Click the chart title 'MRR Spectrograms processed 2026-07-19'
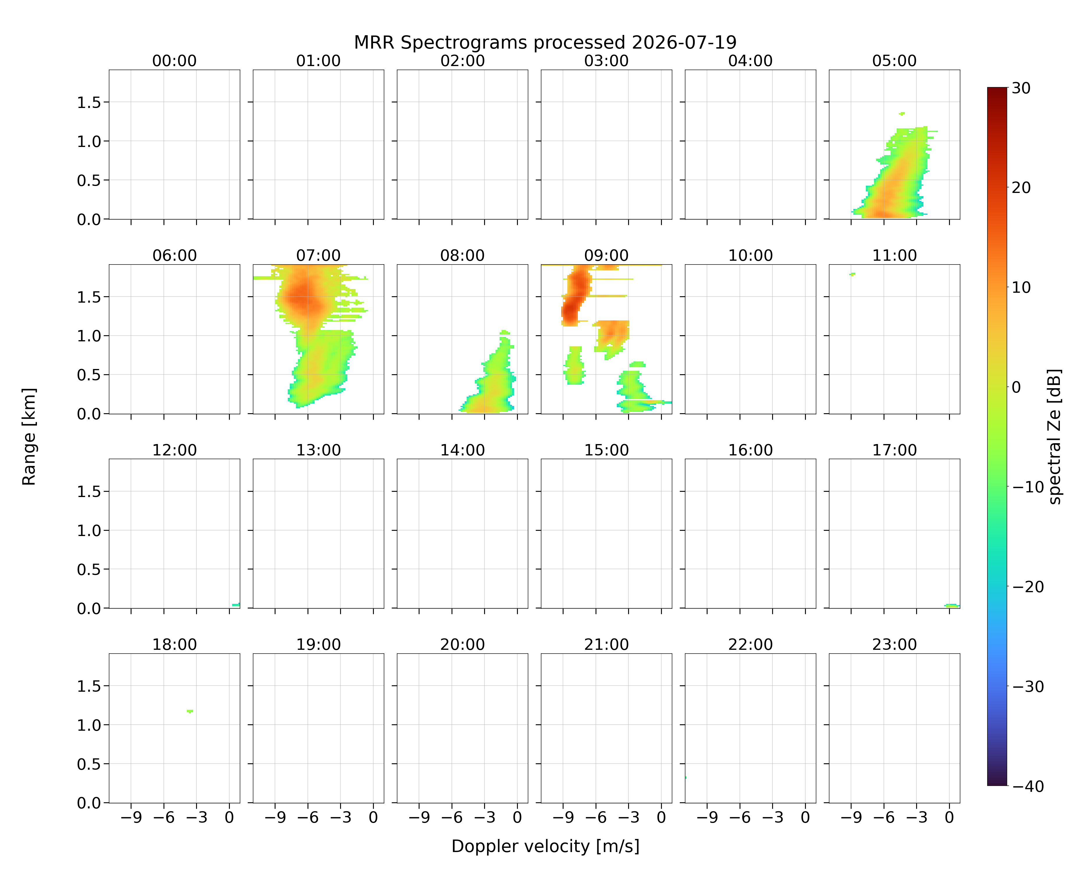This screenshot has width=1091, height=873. pos(545,42)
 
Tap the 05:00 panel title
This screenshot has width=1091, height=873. pos(894,61)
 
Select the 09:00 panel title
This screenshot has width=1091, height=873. pos(606,255)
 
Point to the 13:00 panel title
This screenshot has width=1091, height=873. pos(318,450)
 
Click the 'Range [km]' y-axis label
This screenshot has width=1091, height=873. pos(29,436)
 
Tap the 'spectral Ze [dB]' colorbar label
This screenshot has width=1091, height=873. pos(1054,436)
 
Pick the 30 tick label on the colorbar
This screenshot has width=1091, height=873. pos(1021,88)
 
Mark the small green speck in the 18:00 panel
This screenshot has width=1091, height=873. pos(190,711)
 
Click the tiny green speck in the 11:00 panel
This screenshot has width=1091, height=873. pos(853,274)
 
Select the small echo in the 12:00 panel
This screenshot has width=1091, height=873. pos(236,605)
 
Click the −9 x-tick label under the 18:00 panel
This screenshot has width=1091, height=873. pos(131,817)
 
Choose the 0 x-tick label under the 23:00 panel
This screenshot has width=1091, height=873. pos(949,817)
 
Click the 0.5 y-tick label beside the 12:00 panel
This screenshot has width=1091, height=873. pos(89,569)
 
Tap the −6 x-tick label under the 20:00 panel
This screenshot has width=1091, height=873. pos(452,817)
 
